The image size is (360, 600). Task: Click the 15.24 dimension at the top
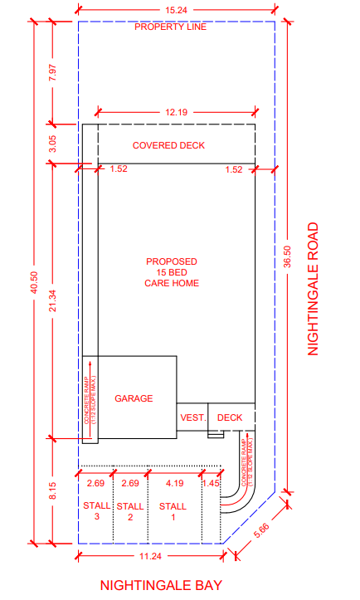pos(177,10)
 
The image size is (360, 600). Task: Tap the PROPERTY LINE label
pos(171,27)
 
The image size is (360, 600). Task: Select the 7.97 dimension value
pos(52,72)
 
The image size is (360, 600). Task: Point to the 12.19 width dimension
pos(177,112)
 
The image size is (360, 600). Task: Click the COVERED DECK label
pos(168,145)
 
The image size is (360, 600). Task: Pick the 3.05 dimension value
pos(52,144)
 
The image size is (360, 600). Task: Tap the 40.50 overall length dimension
pos(35,282)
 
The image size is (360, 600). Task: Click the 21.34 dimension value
pos(52,300)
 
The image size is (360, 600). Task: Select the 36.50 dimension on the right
pos(288,256)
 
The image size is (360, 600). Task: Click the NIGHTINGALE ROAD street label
pos(313,289)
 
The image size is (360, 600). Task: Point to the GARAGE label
pos(134,398)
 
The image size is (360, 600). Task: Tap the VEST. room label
pos(193,417)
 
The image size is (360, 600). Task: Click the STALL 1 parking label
pos(173,511)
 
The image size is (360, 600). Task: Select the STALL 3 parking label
pos(97,511)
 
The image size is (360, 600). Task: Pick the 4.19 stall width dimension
pos(175,483)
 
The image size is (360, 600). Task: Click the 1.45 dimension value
pos(212,483)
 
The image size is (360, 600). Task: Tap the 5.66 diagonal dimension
pos(262,530)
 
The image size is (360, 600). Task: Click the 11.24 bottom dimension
pos(150,556)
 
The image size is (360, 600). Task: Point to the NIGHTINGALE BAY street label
pos(161,585)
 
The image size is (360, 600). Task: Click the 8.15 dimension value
pos(52,490)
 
